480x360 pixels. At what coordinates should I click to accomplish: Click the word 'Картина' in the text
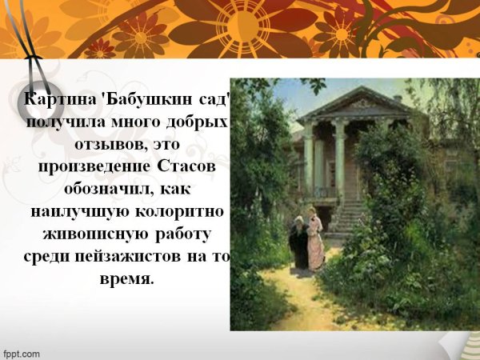click(x=55, y=101)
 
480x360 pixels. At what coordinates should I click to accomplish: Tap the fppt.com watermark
click(x=22, y=353)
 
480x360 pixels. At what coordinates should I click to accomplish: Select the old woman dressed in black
click(x=298, y=244)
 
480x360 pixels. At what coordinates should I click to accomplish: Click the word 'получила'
click(x=62, y=123)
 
